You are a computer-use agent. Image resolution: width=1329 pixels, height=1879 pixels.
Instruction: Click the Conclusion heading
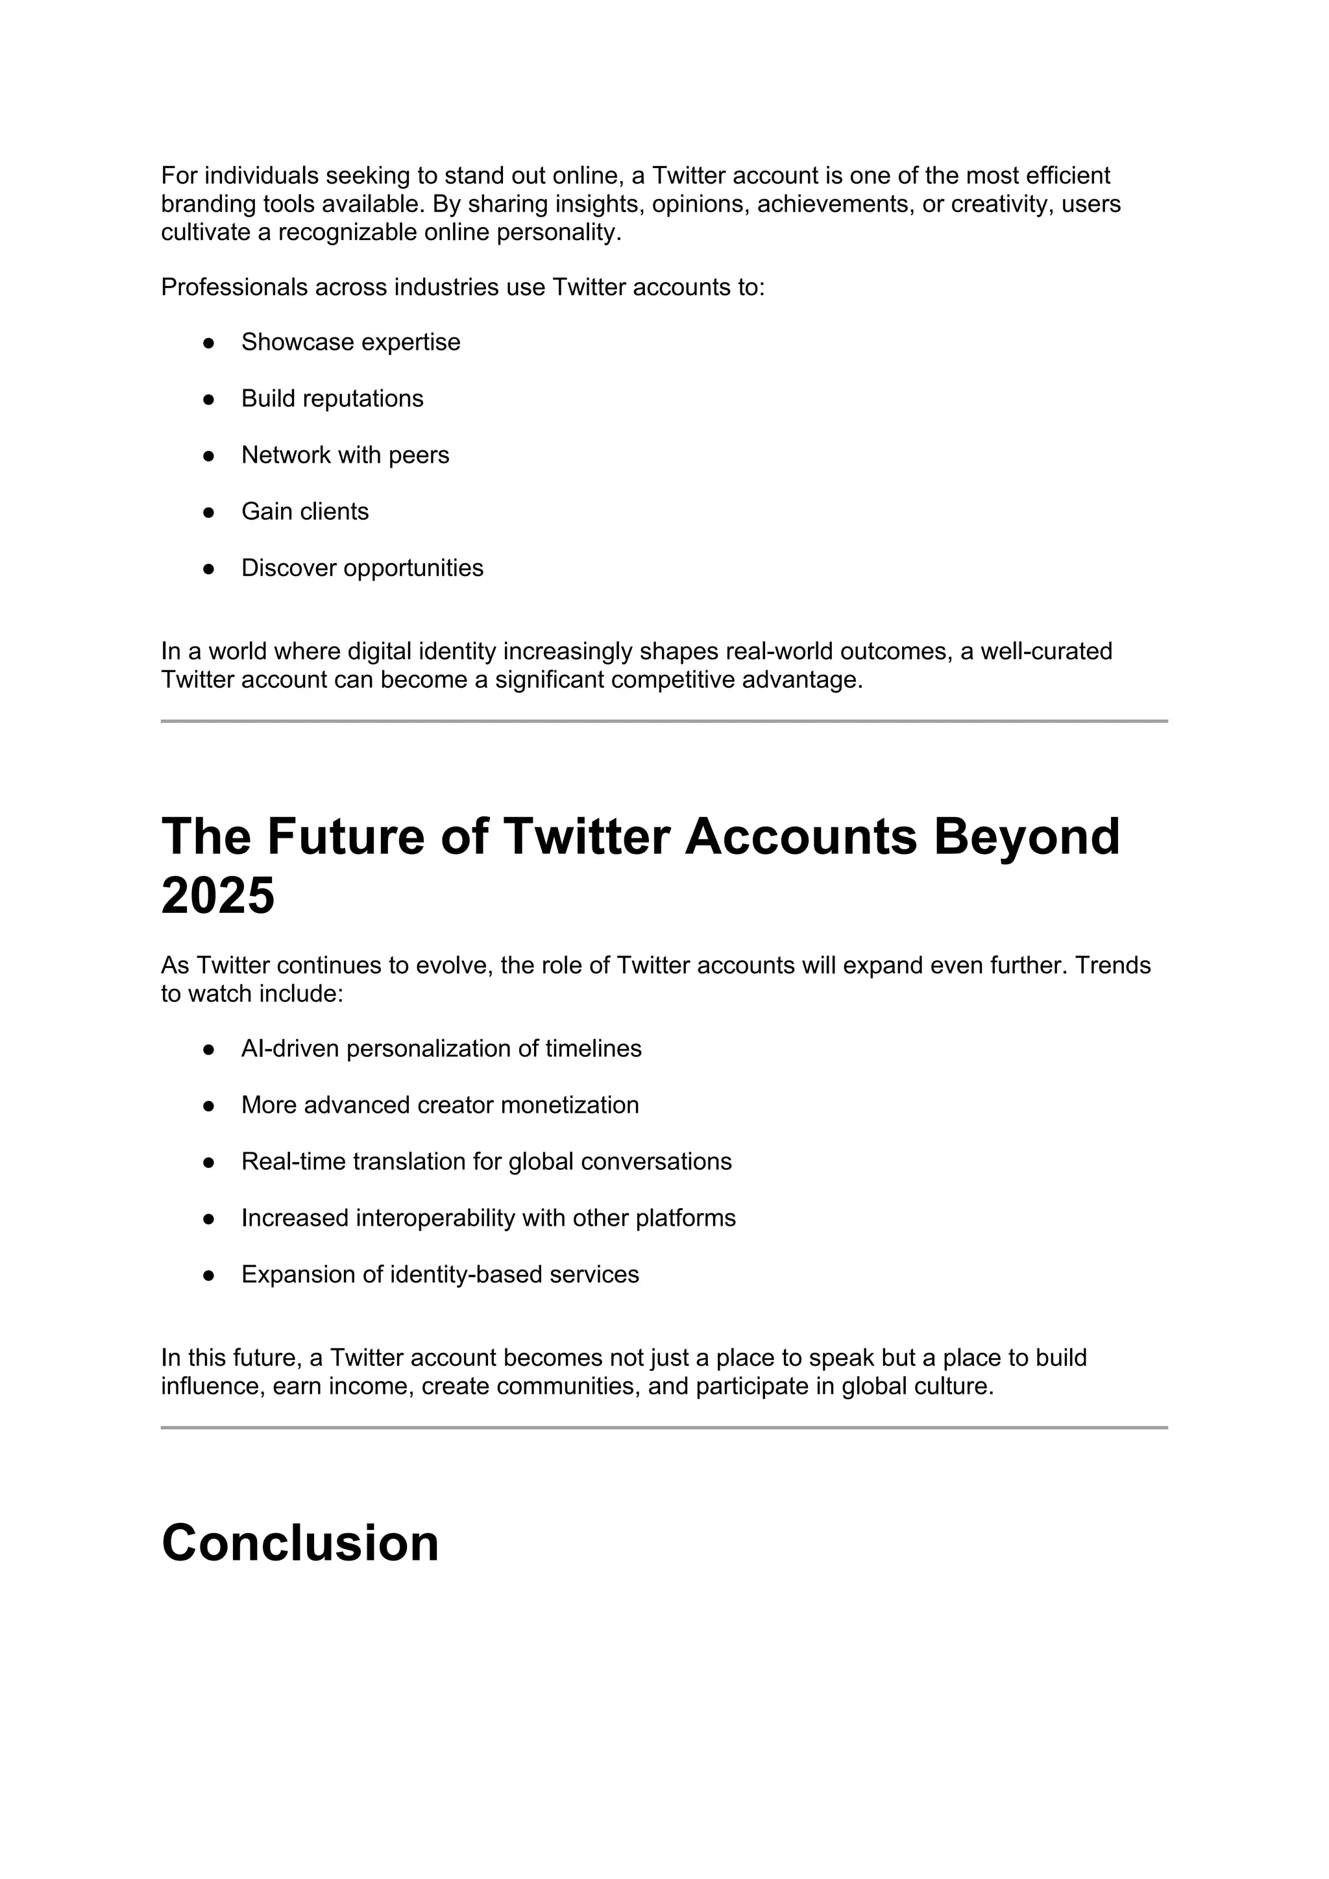point(300,1544)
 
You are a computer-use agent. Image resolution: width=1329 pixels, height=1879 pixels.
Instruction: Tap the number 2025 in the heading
point(217,895)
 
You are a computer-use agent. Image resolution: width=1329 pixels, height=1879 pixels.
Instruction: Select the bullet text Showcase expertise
point(350,342)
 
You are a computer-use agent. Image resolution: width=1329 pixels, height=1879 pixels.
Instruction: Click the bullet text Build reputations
point(332,398)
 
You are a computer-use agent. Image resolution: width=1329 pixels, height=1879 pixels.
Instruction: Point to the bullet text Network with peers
point(345,455)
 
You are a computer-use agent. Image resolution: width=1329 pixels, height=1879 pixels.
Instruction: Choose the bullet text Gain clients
point(304,511)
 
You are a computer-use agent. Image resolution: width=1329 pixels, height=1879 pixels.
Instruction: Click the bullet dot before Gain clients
point(209,513)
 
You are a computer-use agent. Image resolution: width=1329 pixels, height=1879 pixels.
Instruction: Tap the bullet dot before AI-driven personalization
point(209,1049)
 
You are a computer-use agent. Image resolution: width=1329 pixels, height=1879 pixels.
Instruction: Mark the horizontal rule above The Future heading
point(664,721)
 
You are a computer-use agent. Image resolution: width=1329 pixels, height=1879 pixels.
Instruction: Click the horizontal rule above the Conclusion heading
point(664,1428)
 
